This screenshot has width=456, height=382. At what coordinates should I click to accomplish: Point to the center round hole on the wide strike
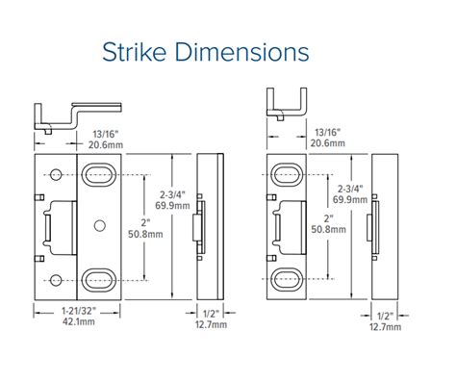pos(97,226)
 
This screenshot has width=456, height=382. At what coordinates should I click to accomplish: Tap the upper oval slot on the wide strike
pos(96,174)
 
